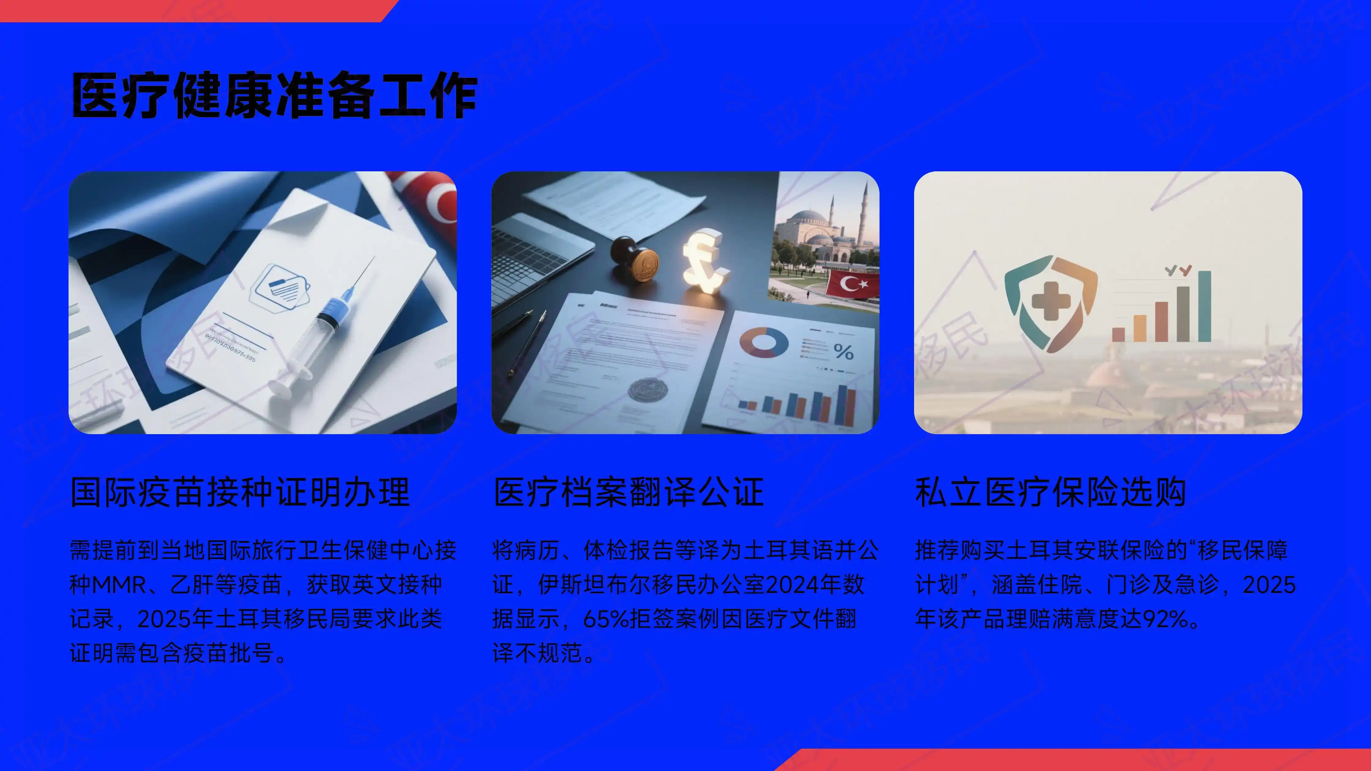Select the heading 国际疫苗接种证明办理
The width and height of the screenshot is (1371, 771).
pyautogui.click(x=240, y=492)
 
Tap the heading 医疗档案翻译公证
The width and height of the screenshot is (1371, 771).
pyautogui.click(x=628, y=492)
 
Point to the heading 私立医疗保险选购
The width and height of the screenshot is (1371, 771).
pyautogui.click(x=1050, y=492)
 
